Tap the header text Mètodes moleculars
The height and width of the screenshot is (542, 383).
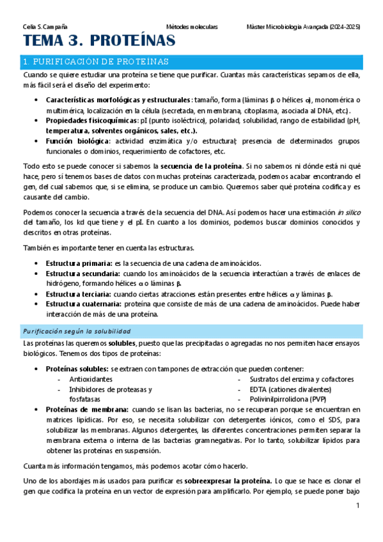coord(192,27)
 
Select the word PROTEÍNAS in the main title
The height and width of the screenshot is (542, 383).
coord(132,42)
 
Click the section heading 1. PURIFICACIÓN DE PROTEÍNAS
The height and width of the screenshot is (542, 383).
coord(95,62)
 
